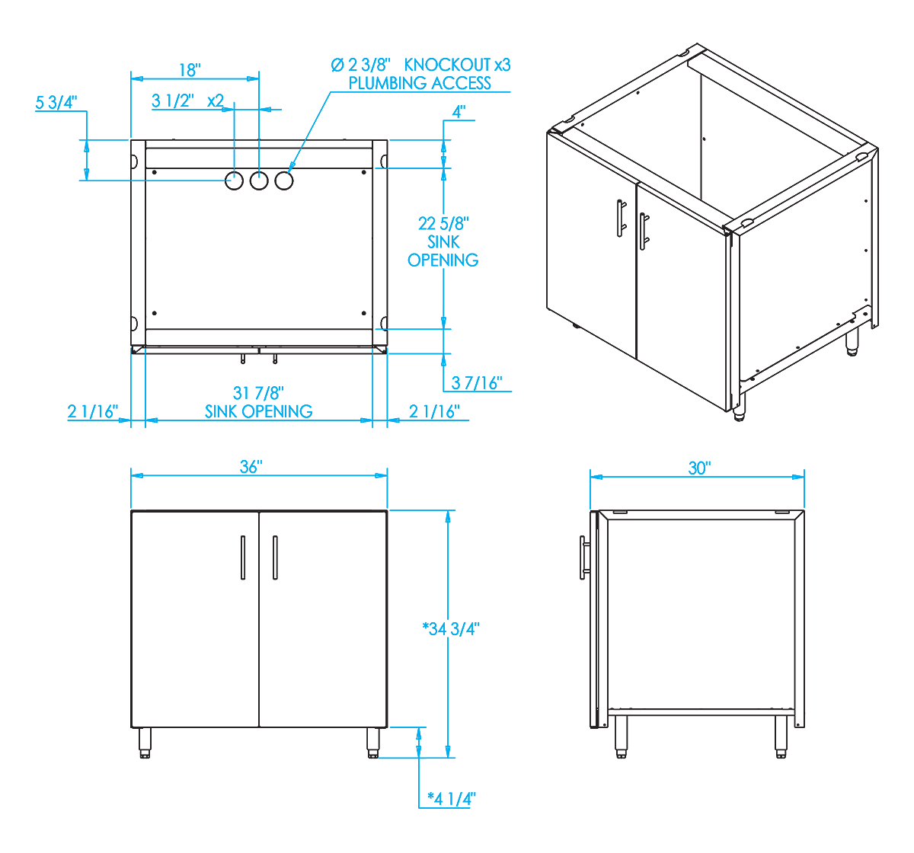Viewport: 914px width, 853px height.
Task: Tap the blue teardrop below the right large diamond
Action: pyautogui.click(x=259, y=179)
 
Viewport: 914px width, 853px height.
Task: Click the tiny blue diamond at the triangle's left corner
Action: pyautogui.click(x=137, y=181)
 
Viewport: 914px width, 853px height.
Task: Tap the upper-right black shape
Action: pyautogui.click(x=685, y=228)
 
